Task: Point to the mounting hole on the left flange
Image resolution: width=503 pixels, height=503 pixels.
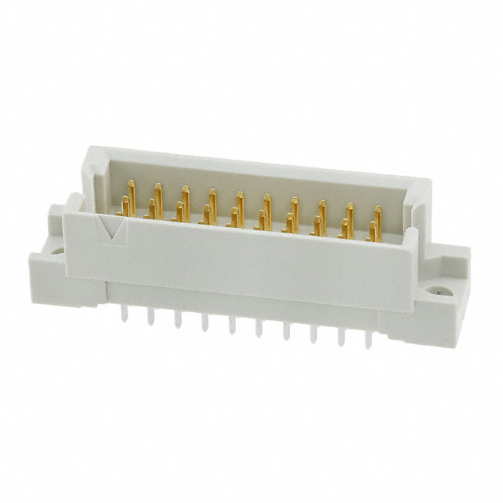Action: (58, 251)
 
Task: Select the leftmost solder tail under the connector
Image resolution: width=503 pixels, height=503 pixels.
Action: (123, 313)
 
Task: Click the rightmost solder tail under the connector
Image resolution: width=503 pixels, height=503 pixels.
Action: (367, 338)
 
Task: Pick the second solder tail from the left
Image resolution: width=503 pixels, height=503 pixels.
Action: (150, 318)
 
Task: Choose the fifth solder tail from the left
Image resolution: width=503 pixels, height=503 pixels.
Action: (231, 325)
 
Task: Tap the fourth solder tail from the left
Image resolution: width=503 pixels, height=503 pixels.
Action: (204, 322)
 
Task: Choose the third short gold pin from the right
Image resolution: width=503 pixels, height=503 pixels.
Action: (317, 226)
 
